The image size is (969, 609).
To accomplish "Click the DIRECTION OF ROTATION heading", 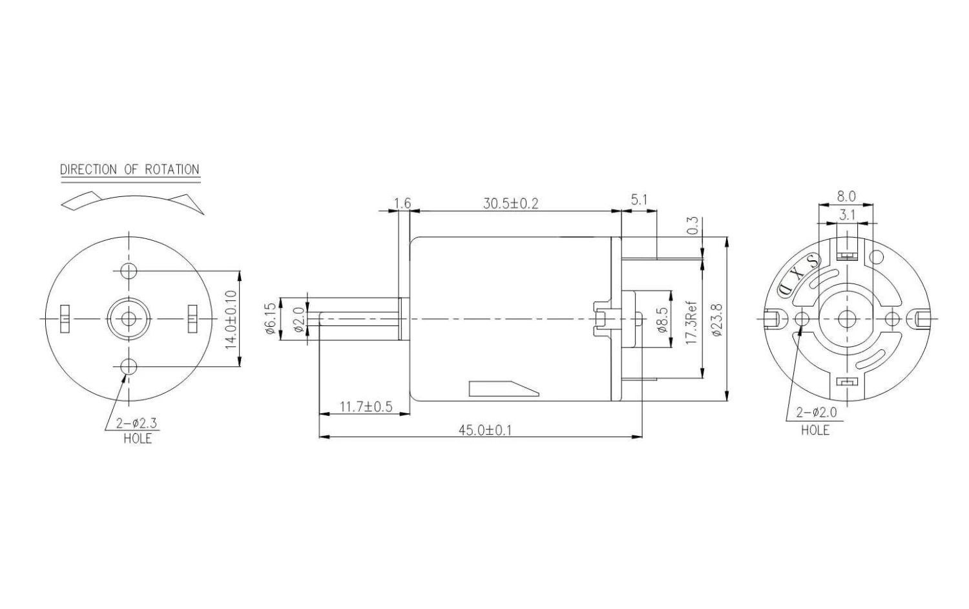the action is coord(130,170).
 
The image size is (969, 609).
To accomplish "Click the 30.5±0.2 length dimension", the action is coord(510,203).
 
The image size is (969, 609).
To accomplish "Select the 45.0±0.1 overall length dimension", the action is coord(485,430).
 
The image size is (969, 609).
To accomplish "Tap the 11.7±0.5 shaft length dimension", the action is coord(366,407).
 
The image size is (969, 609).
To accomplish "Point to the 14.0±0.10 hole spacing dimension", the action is coord(231,319).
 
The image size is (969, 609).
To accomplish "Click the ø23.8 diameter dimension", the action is coord(716,320).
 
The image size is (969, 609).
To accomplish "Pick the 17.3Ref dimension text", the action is coord(691,323).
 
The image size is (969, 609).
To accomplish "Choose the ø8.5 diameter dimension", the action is coord(663,320).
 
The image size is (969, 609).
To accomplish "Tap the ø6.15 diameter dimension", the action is coord(271,318).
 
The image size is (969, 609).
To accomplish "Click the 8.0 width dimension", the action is coord(846,196).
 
